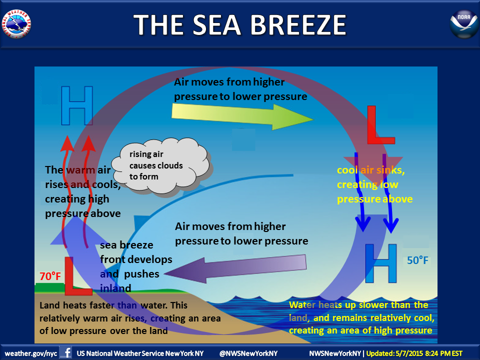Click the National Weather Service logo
[16, 24]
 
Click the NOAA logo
[464, 24]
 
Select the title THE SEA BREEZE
[240, 25]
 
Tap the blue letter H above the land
[77, 105]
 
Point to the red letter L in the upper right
[380, 125]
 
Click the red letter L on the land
[77, 276]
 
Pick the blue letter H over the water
[381, 263]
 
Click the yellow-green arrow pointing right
[242, 116]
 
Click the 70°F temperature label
[50, 276]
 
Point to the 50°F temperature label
[417, 260]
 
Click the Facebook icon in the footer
[66, 352]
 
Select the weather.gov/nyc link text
[31, 353]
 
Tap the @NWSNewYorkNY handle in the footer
[248, 353]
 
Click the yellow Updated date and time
[414, 353]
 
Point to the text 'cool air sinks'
[370, 170]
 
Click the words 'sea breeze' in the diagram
[126, 245]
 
